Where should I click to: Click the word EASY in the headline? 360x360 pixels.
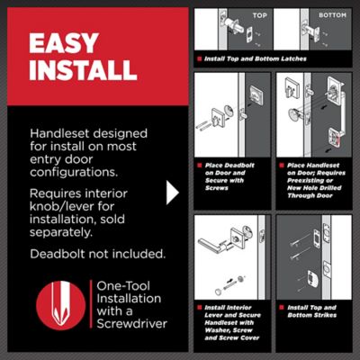coord(64,43)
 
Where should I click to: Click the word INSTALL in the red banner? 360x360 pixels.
coord(83,70)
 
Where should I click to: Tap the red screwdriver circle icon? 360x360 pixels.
coord(61,305)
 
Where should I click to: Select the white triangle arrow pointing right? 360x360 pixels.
coord(173,193)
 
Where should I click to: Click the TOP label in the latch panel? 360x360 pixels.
coord(259,15)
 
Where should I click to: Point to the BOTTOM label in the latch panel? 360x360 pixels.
coord(332,15)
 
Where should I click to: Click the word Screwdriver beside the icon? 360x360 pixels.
coord(132,324)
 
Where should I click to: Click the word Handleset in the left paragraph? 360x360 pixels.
coord(59,133)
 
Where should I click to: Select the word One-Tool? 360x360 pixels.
coord(123,286)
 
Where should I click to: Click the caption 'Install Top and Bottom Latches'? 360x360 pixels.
coord(256,58)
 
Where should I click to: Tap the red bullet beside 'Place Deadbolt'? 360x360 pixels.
coord(199,166)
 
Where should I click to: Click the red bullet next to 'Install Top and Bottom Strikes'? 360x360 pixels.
coord(282,308)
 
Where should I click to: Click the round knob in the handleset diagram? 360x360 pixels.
coord(295,115)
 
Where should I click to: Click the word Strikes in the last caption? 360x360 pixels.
coord(325,315)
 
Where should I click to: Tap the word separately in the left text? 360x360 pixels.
coord(61,233)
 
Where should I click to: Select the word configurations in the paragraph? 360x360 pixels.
coord(74,172)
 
